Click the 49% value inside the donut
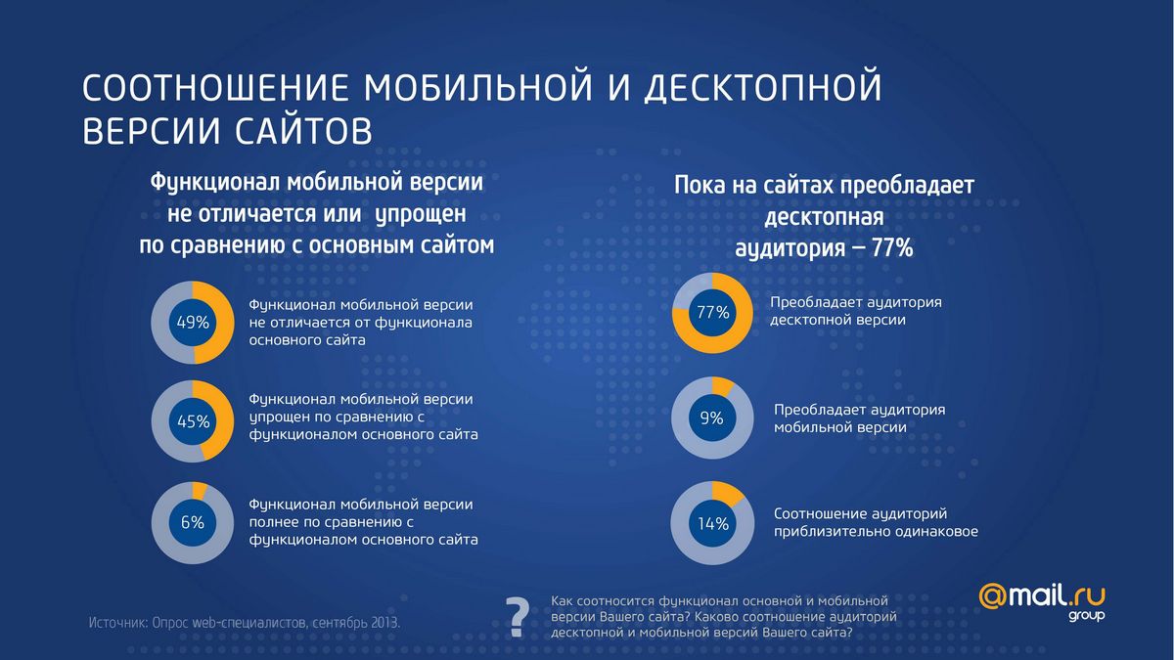pos(192,323)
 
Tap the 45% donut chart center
pos(192,422)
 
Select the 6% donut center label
pos(192,522)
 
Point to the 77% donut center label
pos(713,313)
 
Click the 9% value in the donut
pos(712,418)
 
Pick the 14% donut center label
pos(713,523)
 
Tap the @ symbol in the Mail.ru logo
pos(994,597)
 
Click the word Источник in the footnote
pos(117,622)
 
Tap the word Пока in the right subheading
pos(700,186)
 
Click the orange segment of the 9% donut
pos(720,385)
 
